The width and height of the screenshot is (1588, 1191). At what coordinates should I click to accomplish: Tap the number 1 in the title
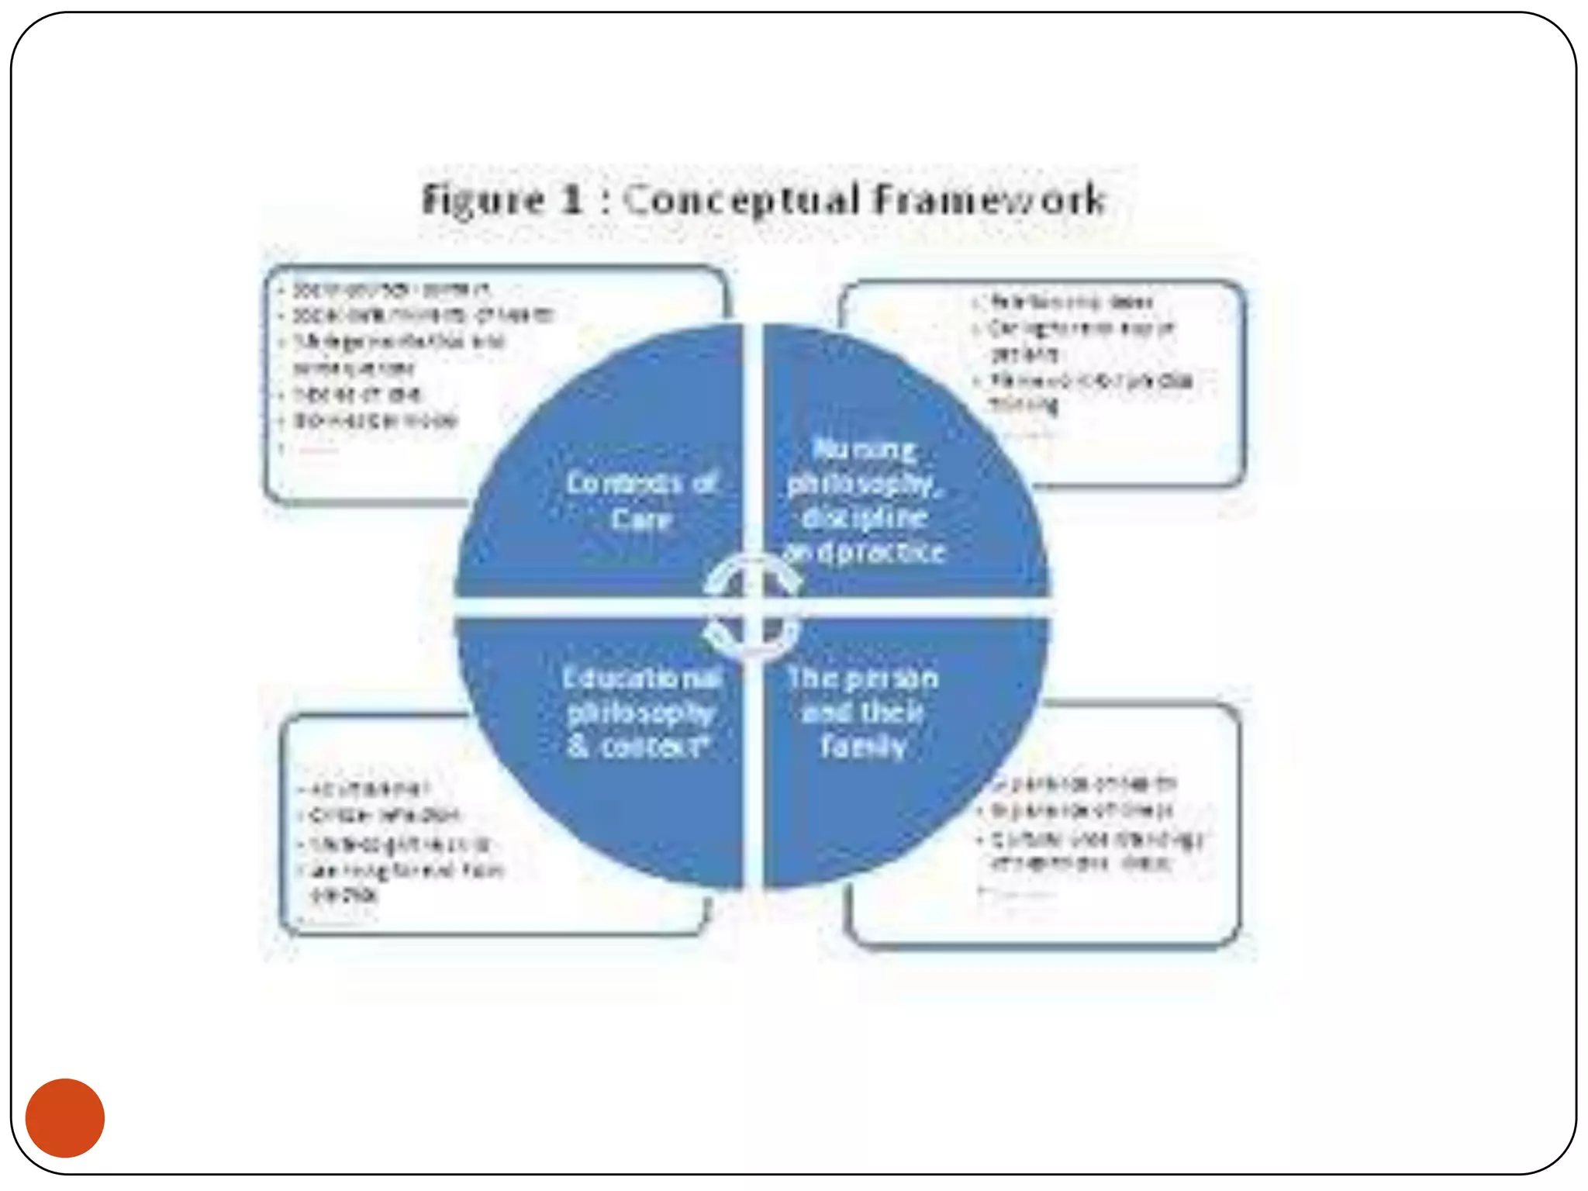click(x=571, y=199)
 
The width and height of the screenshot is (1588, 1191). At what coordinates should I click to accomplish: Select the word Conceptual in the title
click(x=741, y=199)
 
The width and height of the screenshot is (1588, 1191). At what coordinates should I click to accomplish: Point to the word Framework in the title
click(x=989, y=199)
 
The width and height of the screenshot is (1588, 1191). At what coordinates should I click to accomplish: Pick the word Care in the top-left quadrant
click(x=640, y=519)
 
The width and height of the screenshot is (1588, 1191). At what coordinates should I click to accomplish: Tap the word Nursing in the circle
click(x=863, y=449)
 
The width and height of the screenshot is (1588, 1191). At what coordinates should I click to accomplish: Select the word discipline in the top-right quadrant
click(x=864, y=517)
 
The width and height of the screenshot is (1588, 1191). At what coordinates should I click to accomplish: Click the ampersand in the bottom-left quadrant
click(x=578, y=747)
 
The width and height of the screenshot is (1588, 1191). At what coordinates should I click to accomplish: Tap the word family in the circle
click(x=863, y=747)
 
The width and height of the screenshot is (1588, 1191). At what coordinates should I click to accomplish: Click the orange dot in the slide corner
click(x=65, y=1117)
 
